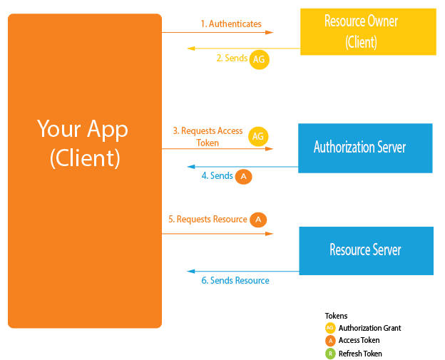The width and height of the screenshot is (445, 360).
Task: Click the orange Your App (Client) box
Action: click(84, 171)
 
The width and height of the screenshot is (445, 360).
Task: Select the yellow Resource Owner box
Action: click(368, 31)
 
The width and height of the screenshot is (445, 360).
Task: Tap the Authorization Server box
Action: click(365, 148)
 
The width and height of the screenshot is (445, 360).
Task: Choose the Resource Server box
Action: click(365, 250)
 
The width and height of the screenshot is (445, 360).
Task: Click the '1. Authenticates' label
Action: click(230, 24)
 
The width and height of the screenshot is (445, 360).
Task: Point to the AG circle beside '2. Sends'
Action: click(259, 59)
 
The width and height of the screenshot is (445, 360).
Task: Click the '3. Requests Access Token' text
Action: click(208, 137)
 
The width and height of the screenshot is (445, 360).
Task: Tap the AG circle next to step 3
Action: click(259, 137)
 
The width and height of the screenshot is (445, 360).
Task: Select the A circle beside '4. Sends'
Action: click(244, 176)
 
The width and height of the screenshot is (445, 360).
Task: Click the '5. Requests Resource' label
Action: click(208, 220)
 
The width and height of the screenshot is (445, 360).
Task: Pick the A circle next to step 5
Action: click(258, 220)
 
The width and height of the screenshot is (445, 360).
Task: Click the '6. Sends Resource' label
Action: click(235, 281)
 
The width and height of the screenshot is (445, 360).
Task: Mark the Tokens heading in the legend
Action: click(336, 315)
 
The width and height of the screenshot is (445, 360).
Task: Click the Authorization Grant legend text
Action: click(369, 328)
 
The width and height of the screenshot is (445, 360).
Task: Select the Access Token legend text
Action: click(359, 341)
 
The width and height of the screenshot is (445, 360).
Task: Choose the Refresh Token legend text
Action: click(360, 354)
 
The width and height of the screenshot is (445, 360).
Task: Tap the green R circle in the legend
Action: click(329, 354)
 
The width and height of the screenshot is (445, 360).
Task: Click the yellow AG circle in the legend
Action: click(329, 328)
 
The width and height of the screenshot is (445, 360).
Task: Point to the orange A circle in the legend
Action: click(329, 341)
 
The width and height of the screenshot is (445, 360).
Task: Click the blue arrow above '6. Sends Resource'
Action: click(242, 272)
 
